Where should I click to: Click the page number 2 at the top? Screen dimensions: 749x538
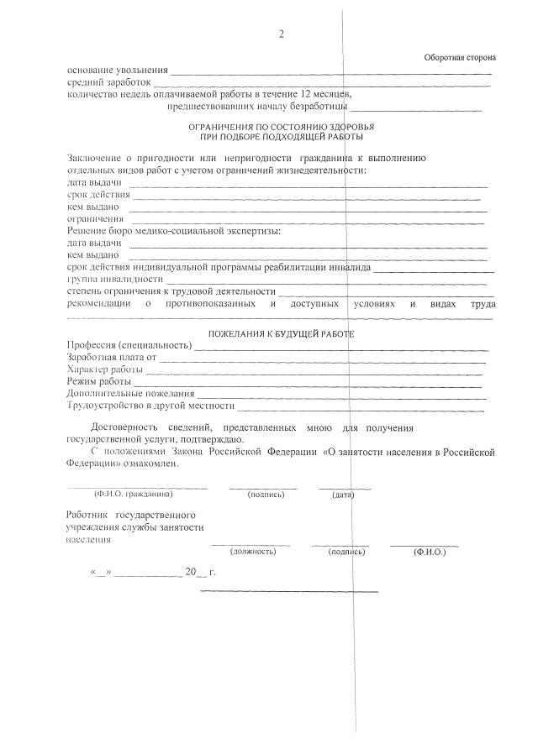pos(282,34)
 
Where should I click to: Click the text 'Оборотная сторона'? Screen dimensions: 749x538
pos(459,57)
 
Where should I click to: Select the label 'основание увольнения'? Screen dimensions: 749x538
pos(117,71)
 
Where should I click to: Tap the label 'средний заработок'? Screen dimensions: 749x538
pos(108,82)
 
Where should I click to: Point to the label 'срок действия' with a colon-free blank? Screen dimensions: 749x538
pos(95,195)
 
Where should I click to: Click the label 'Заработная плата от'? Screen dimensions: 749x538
pos(111,357)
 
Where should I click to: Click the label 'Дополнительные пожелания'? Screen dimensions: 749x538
pos(130,393)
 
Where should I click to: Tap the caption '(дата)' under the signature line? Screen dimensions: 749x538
pos(343,495)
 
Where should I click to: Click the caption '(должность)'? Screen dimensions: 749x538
pos(251,552)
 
